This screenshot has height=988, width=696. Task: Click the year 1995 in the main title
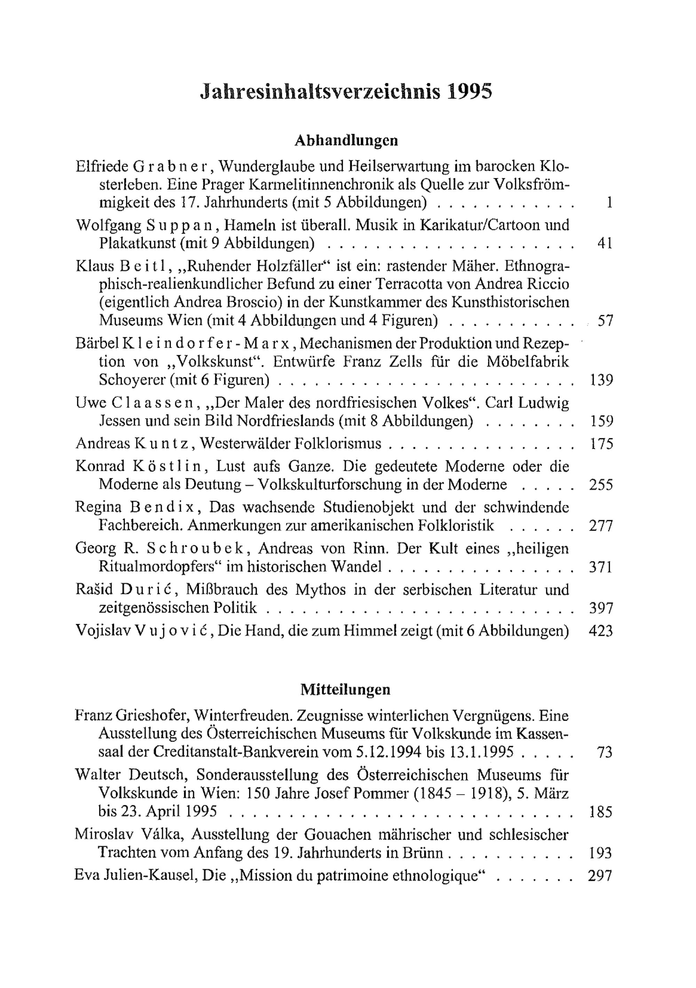point(469,92)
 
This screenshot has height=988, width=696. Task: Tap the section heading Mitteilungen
point(345,689)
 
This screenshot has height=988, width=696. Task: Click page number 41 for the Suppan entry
point(604,243)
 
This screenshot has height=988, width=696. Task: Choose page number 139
point(601,380)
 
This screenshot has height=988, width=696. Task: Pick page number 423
point(601,630)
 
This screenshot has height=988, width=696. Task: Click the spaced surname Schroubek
point(196,548)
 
